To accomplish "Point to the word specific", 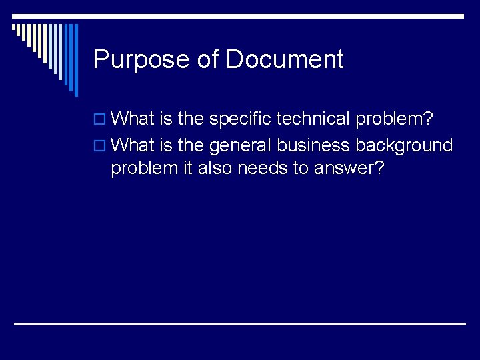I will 240,119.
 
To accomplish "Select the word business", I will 313,145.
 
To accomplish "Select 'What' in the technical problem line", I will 133,119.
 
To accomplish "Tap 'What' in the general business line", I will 133,145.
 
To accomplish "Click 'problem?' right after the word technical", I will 395,119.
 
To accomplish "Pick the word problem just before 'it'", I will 144,169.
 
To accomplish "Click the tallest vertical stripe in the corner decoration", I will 76,60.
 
